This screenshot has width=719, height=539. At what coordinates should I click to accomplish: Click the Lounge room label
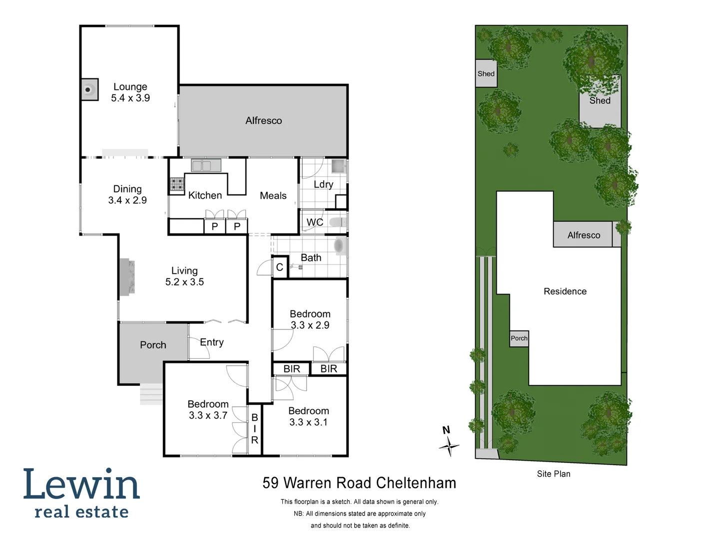130,87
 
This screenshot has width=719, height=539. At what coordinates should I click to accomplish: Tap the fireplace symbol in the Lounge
89,90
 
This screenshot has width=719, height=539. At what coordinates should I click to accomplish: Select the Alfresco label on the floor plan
263,121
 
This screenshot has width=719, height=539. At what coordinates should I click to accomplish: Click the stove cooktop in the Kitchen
177,185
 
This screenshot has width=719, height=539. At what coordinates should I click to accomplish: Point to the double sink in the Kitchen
206,165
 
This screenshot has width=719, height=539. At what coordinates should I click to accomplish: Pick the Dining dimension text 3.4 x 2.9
127,200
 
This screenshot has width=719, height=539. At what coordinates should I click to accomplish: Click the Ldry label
323,184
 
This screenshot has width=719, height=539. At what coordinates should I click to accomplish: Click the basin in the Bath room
339,246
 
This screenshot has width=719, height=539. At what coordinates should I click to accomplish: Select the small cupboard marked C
279,268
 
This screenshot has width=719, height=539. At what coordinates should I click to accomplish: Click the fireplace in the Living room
127,277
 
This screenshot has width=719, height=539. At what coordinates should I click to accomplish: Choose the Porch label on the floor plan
153,345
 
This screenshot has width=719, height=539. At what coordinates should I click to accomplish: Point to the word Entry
212,342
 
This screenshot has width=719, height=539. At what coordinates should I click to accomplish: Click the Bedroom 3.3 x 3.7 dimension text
208,415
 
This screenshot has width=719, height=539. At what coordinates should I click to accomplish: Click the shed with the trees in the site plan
600,102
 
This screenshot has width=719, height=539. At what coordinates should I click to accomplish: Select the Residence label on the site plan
565,291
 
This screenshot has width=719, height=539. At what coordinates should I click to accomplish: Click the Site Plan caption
554,474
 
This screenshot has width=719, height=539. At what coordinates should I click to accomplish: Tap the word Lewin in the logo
81,484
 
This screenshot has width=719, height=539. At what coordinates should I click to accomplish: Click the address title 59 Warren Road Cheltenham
359,483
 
